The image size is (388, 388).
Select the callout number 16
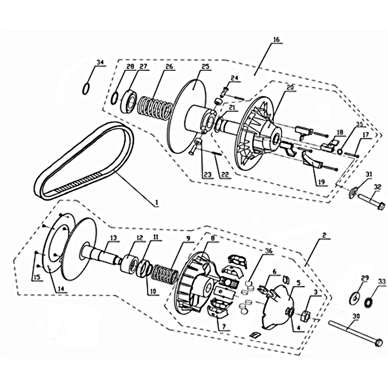[x=276, y=39]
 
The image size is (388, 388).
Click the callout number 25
[x=206, y=66]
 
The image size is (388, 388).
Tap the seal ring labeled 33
[x=370, y=302]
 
